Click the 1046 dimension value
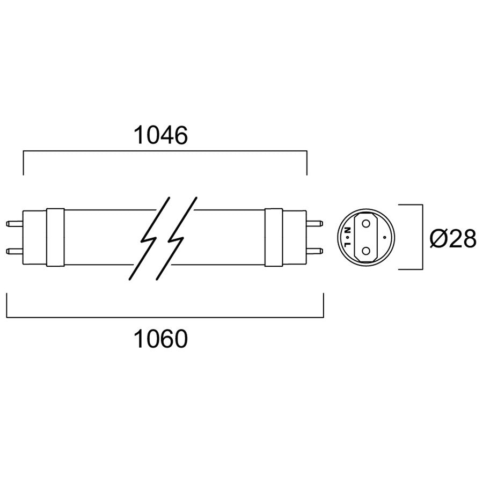[160, 135]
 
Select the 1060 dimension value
[160, 339]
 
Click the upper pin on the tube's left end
[14, 223]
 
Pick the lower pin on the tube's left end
[14, 251]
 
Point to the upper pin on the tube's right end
[314, 223]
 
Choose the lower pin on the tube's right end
[314, 251]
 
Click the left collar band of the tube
[55, 237]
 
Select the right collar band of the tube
[274, 237]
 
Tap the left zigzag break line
[149, 239]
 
